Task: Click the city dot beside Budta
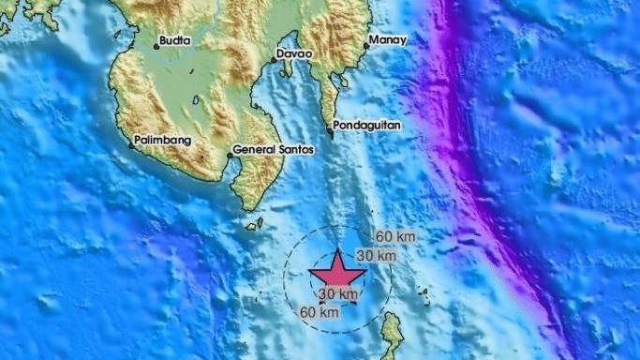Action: pyautogui.click(x=156, y=46)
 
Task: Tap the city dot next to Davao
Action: pyautogui.click(x=274, y=60)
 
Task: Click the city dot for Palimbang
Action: pyautogui.click(x=132, y=144)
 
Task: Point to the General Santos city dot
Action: pyautogui.click(x=229, y=155)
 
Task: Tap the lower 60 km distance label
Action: pyautogui.click(x=319, y=313)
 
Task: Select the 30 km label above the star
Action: pyautogui.click(x=376, y=256)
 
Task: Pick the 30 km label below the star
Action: pyautogui.click(x=337, y=295)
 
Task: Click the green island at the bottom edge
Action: pyautogui.click(x=391, y=337)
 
